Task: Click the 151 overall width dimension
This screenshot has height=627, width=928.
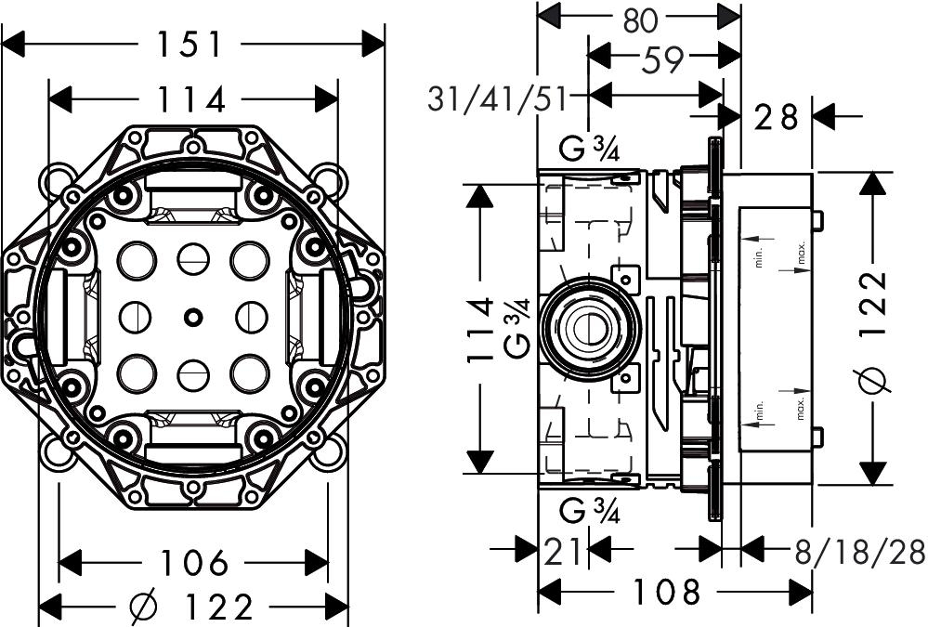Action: (x=193, y=44)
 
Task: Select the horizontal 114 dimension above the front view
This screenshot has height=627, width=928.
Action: (x=193, y=98)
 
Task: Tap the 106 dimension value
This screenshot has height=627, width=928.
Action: (x=193, y=562)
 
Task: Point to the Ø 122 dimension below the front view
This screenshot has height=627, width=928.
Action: (x=192, y=607)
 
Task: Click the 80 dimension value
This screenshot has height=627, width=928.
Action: (x=640, y=19)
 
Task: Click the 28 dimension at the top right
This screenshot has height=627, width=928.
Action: (x=776, y=117)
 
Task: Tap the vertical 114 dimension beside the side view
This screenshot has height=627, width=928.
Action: (x=479, y=330)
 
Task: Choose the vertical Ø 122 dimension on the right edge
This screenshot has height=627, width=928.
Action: (x=874, y=330)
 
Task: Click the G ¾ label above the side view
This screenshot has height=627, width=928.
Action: (x=591, y=149)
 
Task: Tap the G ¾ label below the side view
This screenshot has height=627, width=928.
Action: (x=591, y=510)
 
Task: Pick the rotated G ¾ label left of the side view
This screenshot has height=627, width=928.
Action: (x=517, y=330)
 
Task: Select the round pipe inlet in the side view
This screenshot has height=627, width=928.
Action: (x=586, y=329)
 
